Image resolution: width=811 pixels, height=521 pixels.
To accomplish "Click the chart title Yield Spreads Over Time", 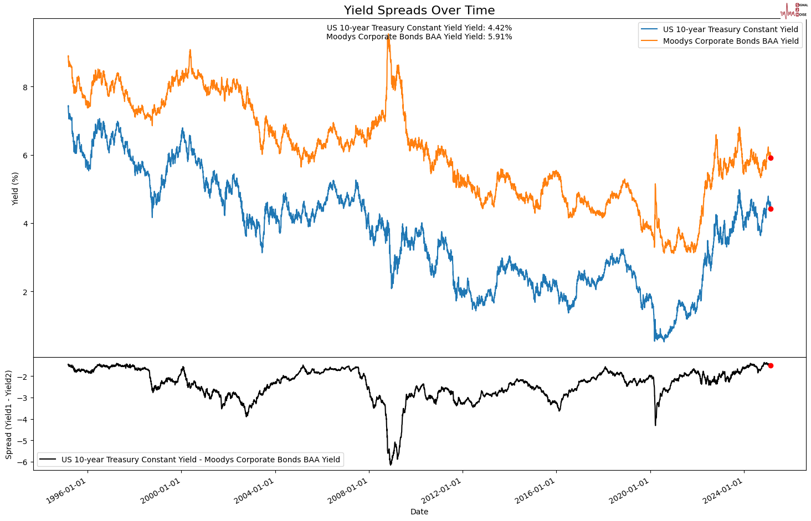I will click(x=419, y=11).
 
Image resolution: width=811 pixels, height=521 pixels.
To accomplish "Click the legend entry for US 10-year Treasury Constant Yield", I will click(x=730, y=29).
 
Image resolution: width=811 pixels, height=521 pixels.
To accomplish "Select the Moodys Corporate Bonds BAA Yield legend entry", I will click(x=730, y=41).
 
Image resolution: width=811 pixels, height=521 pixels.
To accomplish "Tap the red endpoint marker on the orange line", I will click(x=771, y=158).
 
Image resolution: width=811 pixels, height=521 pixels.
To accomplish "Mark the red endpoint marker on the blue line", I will click(x=771, y=209).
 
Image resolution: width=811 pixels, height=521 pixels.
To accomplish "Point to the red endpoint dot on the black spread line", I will click(x=771, y=365).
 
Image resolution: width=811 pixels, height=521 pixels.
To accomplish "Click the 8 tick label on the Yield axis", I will click(x=25, y=87).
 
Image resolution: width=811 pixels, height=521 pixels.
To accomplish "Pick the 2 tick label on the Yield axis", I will click(x=25, y=292).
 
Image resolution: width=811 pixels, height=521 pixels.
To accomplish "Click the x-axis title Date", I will click(x=419, y=512).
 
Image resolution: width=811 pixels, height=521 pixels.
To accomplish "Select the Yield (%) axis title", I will click(x=15, y=188).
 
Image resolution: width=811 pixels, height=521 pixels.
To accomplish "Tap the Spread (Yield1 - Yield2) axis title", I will click(x=9, y=414).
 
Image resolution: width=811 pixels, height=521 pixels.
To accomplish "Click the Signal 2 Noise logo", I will click(x=794, y=10).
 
